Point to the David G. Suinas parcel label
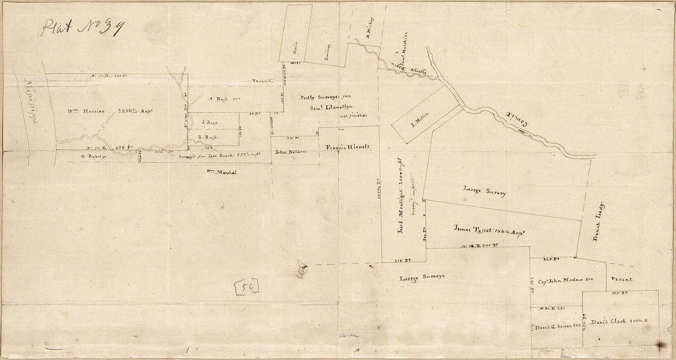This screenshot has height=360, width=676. (556, 327)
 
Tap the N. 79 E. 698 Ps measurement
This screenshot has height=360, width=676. (103, 148)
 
